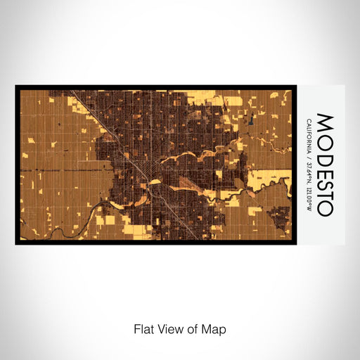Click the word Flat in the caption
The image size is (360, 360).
143,329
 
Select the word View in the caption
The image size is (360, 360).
168,329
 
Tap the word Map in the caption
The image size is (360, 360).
215,329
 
